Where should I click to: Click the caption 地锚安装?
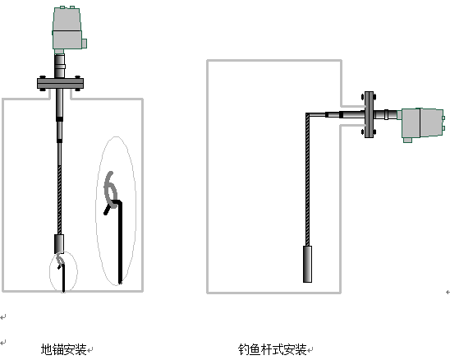64,349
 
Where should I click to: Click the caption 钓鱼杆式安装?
272,349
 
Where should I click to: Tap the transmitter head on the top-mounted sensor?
68,29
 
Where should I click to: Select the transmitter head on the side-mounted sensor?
421,124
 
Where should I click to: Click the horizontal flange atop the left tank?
60,83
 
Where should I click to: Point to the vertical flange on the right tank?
369,114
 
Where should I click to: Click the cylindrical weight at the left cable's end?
59,244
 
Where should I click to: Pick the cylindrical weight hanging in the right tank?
308,264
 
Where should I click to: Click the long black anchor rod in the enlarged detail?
120,242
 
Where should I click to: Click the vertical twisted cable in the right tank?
308,179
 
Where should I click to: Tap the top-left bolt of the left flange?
43,77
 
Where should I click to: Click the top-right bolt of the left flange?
77,77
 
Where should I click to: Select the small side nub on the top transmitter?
85,44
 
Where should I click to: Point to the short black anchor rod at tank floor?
63,278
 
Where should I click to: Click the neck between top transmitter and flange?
60,66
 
